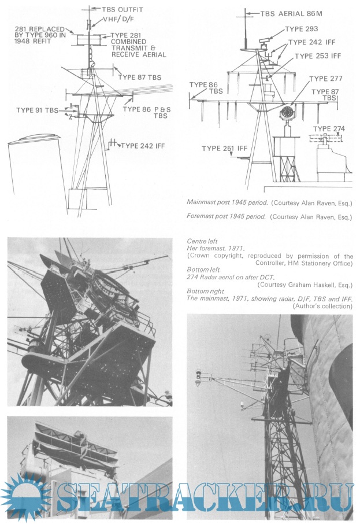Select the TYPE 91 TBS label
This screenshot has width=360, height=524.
[37, 110]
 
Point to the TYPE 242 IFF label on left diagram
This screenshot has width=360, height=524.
[142, 146]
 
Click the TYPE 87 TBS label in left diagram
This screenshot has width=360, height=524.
[139, 77]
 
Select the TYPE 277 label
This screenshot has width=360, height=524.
[327, 79]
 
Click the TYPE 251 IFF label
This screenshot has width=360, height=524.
[224, 149]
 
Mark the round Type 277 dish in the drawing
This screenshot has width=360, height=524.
[287, 111]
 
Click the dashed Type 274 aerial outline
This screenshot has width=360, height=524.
[326, 138]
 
